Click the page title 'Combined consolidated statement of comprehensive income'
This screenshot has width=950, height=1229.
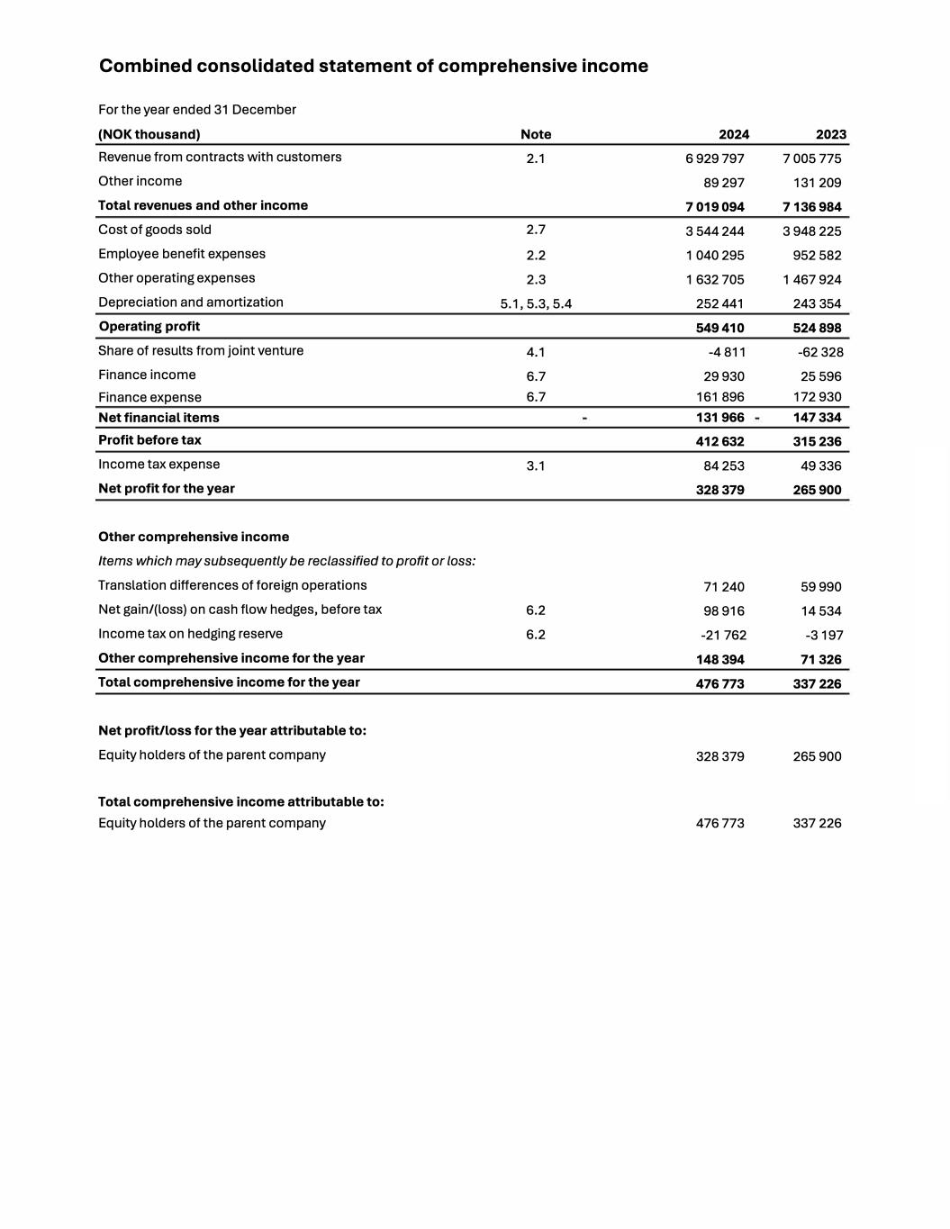click(373, 66)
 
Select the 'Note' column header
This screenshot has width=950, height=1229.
click(536, 134)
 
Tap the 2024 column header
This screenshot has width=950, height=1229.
click(733, 134)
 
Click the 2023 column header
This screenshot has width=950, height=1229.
click(830, 134)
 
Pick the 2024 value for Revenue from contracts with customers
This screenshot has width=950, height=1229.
click(714, 158)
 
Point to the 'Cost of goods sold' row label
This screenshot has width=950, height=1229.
click(155, 230)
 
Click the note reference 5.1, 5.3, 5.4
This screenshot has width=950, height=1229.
click(536, 303)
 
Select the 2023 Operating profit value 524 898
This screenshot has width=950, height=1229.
click(817, 328)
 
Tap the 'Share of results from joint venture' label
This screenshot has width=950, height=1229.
click(201, 350)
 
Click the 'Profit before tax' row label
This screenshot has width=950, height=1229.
click(149, 440)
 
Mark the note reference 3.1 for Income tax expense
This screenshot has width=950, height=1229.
click(536, 465)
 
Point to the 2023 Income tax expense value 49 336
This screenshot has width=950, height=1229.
click(820, 465)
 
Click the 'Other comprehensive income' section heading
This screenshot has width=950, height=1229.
click(194, 537)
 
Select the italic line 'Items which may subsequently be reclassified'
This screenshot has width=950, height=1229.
click(286, 561)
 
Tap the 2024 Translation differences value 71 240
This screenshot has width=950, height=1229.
click(723, 586)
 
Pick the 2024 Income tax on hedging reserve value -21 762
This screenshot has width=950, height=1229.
click(723, 635)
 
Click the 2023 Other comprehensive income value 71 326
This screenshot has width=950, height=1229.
click(820, 659)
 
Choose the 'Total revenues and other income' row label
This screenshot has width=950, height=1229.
click(203, 205)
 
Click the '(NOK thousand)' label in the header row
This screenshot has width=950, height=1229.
click(149, 134)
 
